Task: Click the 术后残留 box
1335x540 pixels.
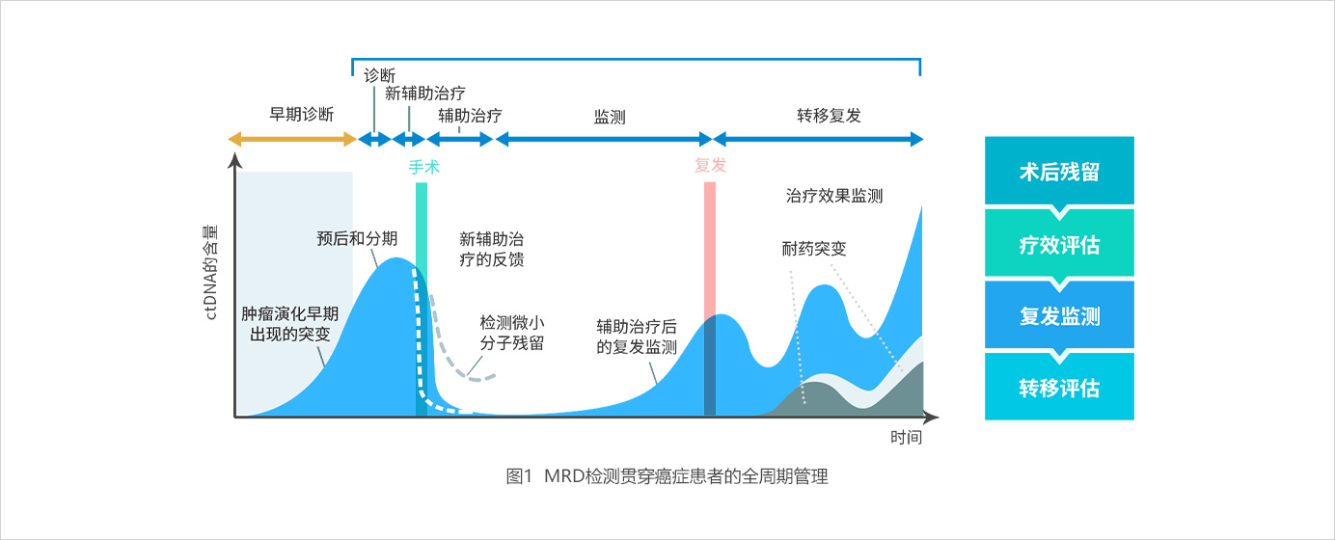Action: tap(1059, 171)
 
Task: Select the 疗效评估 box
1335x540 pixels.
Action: tap(1059, 244)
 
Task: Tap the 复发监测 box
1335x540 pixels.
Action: tap(1059, 315)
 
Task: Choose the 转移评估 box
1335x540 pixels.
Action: tap(1059, 388)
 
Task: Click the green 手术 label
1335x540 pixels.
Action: tap(423, 167)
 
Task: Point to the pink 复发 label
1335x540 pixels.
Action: tap(710, 165)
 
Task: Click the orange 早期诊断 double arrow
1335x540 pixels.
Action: tap(292, 140)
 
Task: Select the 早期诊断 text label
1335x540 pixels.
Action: tap(301, 114)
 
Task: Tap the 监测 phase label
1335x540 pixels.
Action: tap(609, 117)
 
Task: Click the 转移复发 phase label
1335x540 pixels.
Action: tap(829, 115)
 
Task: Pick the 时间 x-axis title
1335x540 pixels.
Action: tap(906, 438)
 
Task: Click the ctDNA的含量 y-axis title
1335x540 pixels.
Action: tap(211, 272)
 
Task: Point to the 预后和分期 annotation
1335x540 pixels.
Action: tap(356, 238)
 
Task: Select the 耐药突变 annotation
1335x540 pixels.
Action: tap(813, 249)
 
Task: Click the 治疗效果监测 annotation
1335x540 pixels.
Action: tap(833, 196)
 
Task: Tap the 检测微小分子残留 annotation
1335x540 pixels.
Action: tap(512, 333)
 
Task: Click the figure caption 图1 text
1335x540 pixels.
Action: tap(519, 476)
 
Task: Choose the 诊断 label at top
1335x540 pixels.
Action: tap(380, 75)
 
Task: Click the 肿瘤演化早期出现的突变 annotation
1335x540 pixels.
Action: tap(289, 324)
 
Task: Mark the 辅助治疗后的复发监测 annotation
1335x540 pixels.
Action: tap(637, 337)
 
